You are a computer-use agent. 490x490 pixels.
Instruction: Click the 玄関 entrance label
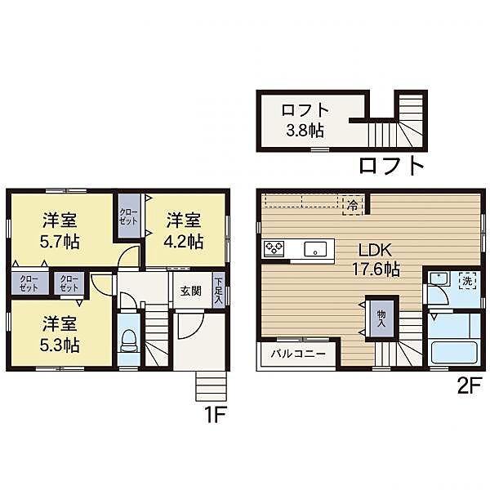coord(191,292)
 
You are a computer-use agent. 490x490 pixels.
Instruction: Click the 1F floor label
coord(214,414)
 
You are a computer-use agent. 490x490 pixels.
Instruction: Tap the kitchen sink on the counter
coord(315,248)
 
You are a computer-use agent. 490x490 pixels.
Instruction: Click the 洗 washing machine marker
coord(467,278)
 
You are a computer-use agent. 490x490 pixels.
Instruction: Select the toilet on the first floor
coord(128,341)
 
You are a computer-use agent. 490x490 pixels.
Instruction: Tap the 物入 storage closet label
coord(381,315)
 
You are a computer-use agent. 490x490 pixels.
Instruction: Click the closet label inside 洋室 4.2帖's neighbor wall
coord(128,216)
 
